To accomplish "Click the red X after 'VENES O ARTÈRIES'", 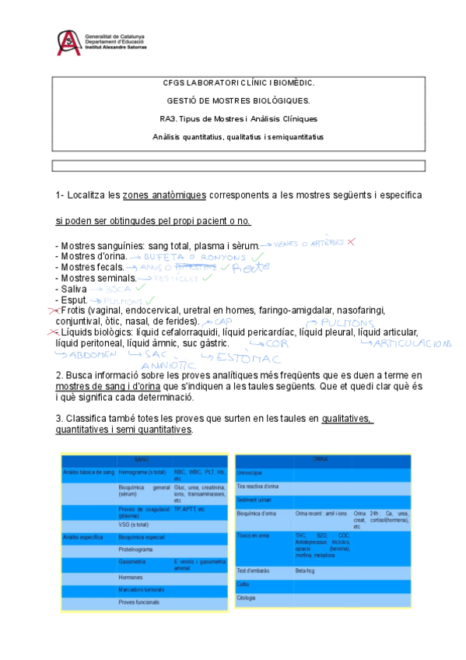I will (x=351, y=242).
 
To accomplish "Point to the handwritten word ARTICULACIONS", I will (x=412, y=342).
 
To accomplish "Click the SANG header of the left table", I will (x=142, y=459).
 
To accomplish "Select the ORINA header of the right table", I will (x=320, y=459).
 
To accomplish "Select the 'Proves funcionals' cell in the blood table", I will (x=138, y=602).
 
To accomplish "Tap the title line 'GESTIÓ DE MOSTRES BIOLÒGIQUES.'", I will (x=238, y=100).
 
